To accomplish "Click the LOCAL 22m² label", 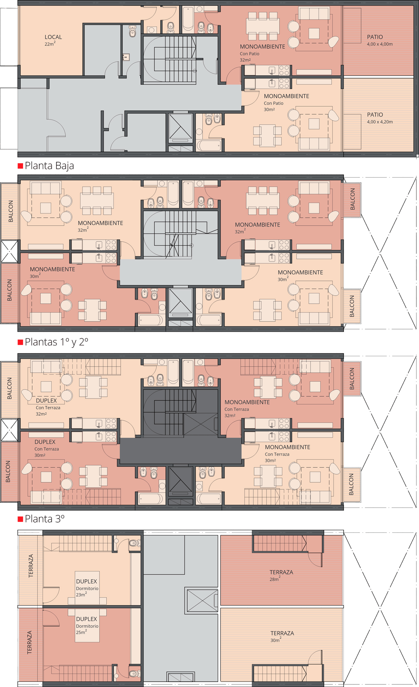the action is [53, 40].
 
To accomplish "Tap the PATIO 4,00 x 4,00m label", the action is [380, 40].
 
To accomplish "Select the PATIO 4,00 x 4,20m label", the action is [380, 118].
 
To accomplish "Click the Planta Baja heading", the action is [49, 166].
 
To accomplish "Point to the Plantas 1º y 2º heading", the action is [56, 342].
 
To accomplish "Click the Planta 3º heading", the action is [45, 519].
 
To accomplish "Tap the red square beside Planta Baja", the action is [20, 166].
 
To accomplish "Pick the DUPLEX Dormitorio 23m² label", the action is [87, 588].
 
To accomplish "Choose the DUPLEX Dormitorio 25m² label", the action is [87, 625].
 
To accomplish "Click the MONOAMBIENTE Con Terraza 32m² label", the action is [247, 408].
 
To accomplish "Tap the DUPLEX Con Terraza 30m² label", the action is [47, 448].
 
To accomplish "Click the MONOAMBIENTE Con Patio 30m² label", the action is [286, 102].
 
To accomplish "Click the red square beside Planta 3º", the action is [20, 519].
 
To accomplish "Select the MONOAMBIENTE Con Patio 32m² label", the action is [263, 53].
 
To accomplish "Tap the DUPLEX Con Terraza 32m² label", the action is [48, 407].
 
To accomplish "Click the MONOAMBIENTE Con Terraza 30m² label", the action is [287, 453].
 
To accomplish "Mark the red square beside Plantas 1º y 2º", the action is [20, 342].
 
